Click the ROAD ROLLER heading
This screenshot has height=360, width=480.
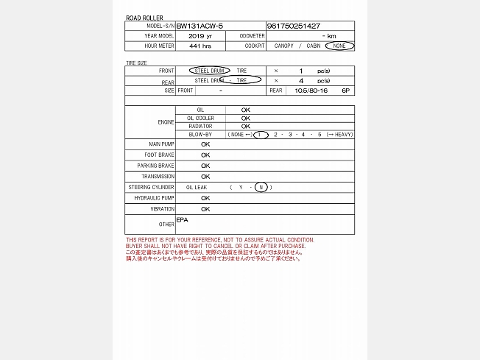click(144, 18)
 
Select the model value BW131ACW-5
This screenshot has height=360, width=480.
click(200, 26)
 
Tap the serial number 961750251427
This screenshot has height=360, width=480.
click(293, 26)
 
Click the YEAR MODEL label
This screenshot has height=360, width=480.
click(160, 35)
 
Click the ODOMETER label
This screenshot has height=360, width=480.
click(252, 35)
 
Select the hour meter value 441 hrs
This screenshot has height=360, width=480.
click(200, 46)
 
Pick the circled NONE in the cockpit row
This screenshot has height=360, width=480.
click(339, 46)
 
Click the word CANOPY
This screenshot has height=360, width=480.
click(283, 46)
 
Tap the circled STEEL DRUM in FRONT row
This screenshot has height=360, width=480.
click(209, 71)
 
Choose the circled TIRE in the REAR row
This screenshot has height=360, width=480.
click(241, 80)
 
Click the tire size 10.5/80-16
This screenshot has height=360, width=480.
click(308, 91)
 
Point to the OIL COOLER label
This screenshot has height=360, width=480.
click(200, 118)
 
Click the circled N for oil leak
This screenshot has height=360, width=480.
click(261, 188)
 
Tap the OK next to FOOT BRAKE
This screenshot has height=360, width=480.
click(205, 155)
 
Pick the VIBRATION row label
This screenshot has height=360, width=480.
click(162, 209)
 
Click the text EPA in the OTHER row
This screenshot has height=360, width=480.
click(183, 219)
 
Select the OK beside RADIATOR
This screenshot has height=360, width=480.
click(246, 126)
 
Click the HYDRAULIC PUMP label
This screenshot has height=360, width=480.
click(155, 198)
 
